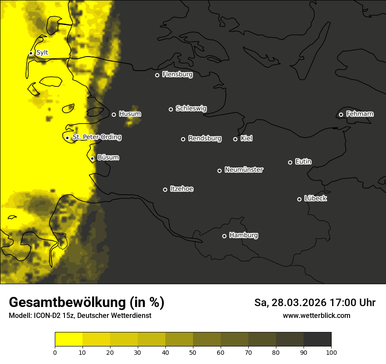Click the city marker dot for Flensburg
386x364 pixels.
click(157, 75)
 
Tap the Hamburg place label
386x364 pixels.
click(243, 236)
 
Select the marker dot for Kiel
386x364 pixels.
click(235, 139)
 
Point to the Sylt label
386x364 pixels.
click(42, 53)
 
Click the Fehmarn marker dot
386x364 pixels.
click(341, 114)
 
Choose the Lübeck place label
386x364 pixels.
click(315, 199)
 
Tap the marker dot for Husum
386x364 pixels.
click(114, 114)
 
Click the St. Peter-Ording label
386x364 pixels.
click(97, 137)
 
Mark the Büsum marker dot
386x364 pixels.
click(92, 159)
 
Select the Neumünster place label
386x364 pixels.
click(244, 170)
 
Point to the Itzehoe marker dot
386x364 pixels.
click(165, 189)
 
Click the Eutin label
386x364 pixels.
click(303, 162)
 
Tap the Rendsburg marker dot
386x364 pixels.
click(183, 139)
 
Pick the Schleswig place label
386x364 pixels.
click(191, 108)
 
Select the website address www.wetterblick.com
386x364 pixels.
click(316, 315)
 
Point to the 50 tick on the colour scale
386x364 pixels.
click(193, 352)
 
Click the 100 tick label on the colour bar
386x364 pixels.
click(331, 352)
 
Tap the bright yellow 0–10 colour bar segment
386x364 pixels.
click(69, 339)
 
